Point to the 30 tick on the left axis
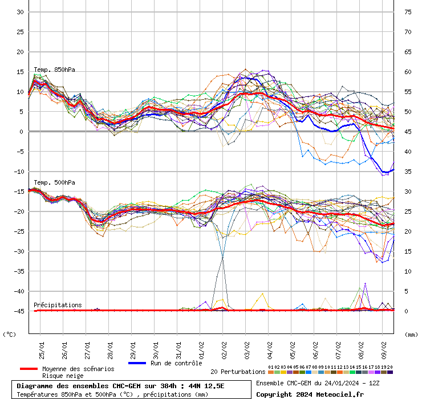(19, 12)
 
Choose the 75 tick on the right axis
(408, 12)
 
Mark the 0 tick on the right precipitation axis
(406, 311)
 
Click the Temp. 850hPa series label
(54, 70)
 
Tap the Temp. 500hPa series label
(54, 182)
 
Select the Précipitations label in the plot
(58, 305)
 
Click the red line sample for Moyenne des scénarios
(28, 369)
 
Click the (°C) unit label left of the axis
(10, 335)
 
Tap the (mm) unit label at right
(411, 335)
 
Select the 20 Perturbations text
(238, 372)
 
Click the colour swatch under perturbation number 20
(390, 372)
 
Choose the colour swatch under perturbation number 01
(271, 372)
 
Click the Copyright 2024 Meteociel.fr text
(310, 394)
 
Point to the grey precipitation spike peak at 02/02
(222, 257)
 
